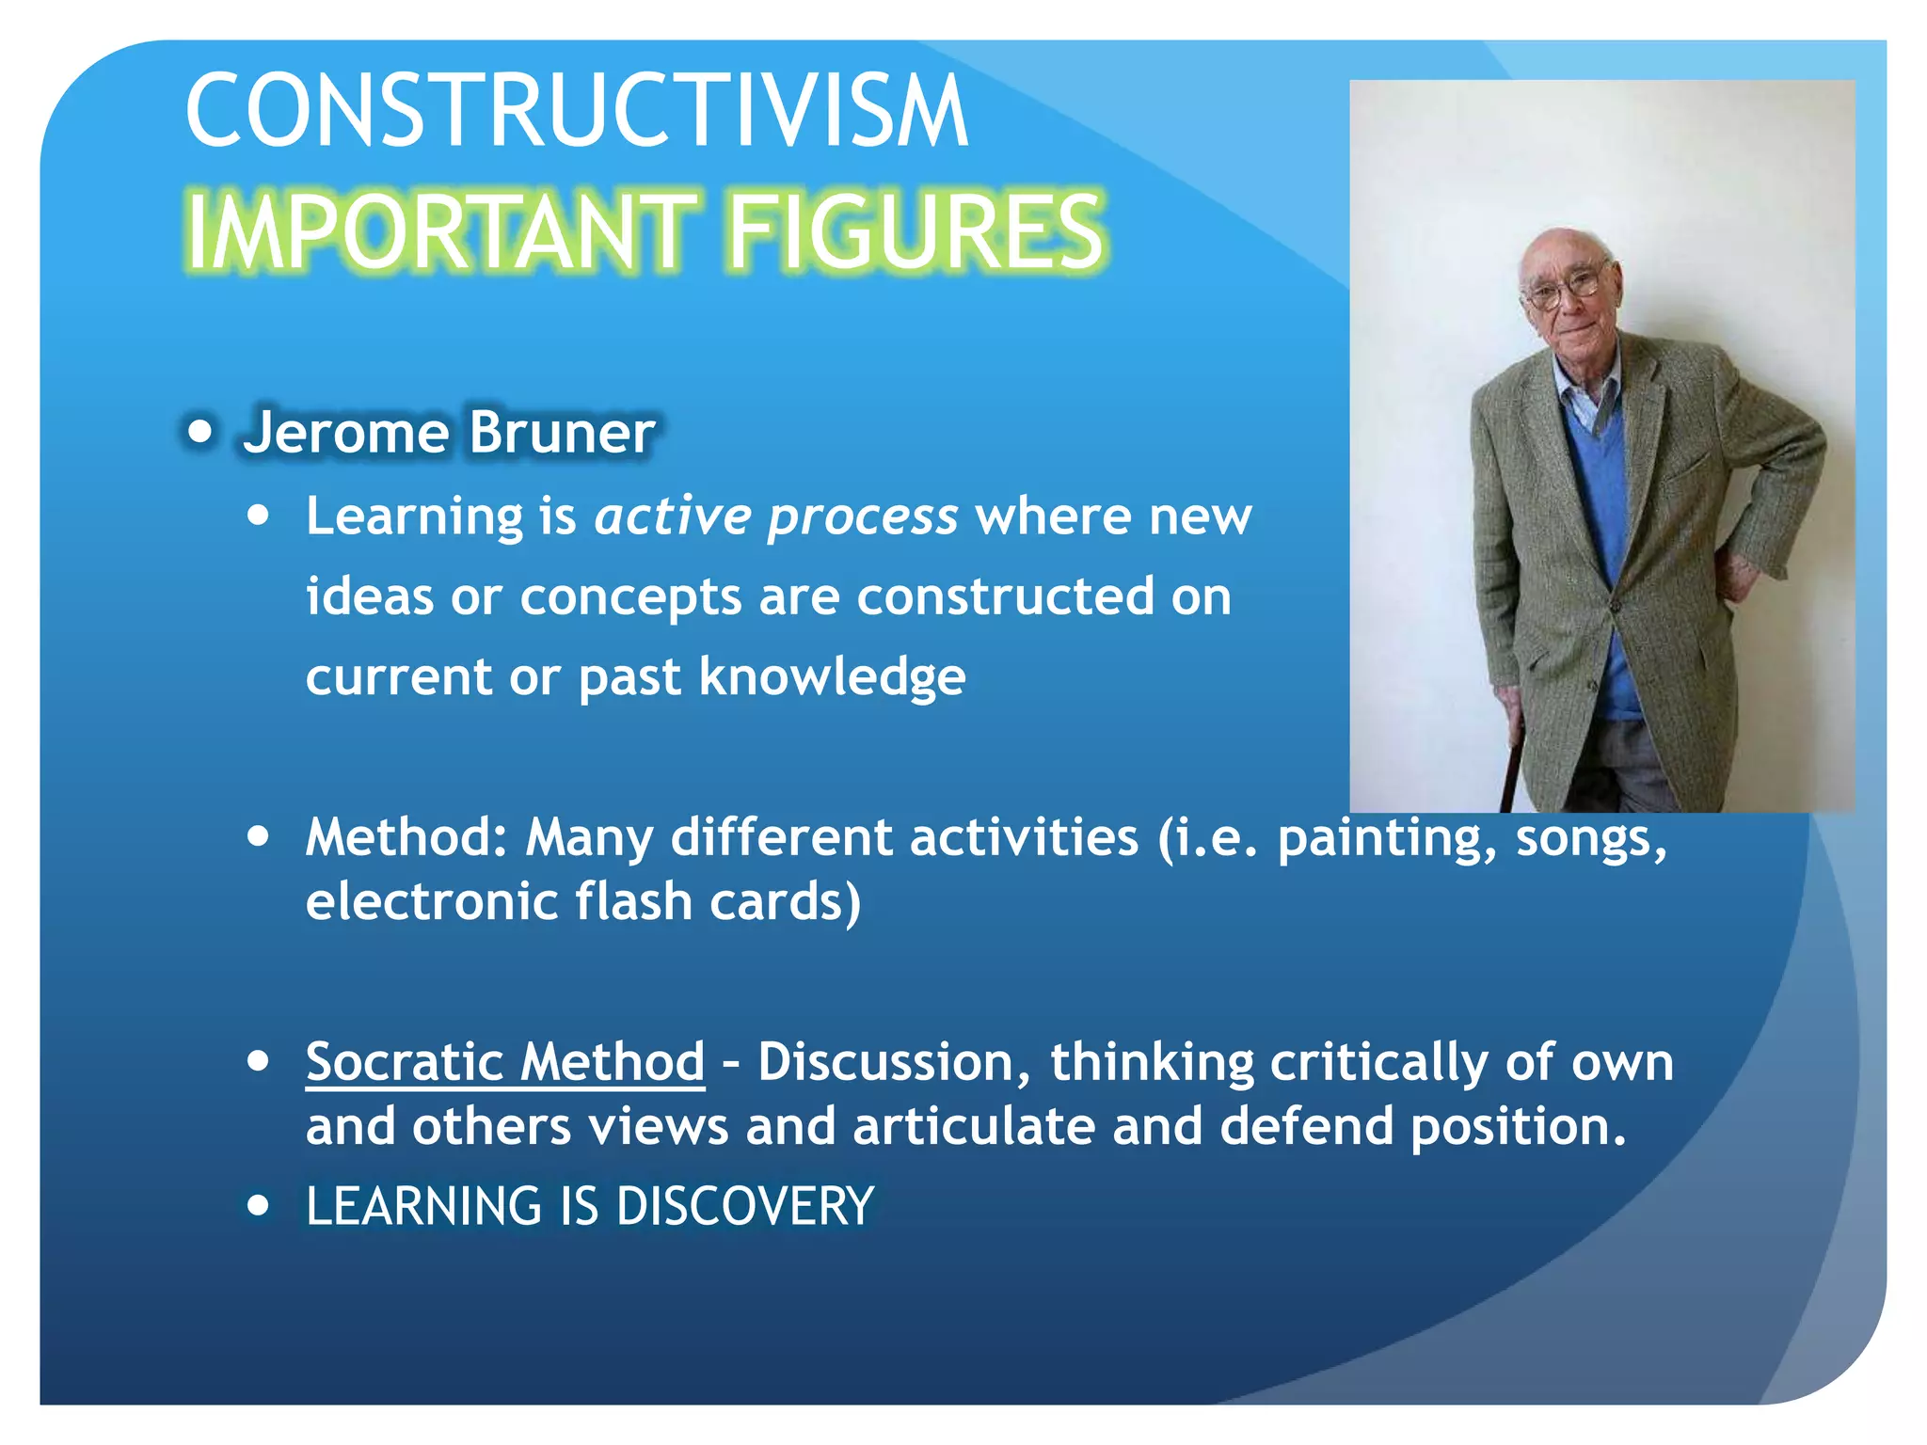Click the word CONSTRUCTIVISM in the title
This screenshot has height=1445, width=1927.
point(576,111)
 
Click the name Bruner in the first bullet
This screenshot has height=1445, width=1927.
point(561,433)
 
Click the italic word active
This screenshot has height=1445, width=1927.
point(673,516)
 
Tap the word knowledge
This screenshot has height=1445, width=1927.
point(832,676)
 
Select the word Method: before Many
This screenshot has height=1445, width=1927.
point(406,837)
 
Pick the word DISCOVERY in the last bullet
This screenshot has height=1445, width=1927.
point(745,1206)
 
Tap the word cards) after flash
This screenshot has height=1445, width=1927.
point(785,902)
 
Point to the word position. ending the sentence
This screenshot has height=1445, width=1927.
point(1518,1127)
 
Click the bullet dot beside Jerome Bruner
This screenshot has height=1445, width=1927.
point(199,433)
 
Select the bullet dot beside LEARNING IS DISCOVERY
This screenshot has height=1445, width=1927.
point(259,1205)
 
